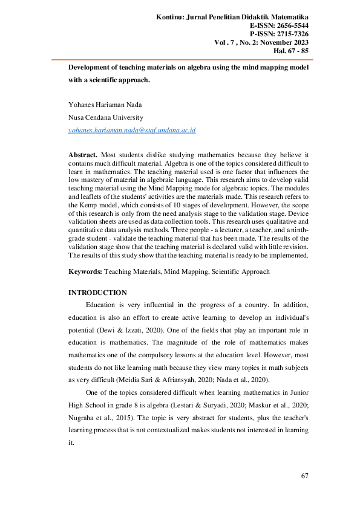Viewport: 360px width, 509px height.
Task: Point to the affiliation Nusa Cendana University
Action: [x=106, y=117]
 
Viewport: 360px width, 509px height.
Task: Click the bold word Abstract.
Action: [x=83, y=155]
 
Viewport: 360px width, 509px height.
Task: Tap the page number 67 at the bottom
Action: [x=305, y=476]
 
